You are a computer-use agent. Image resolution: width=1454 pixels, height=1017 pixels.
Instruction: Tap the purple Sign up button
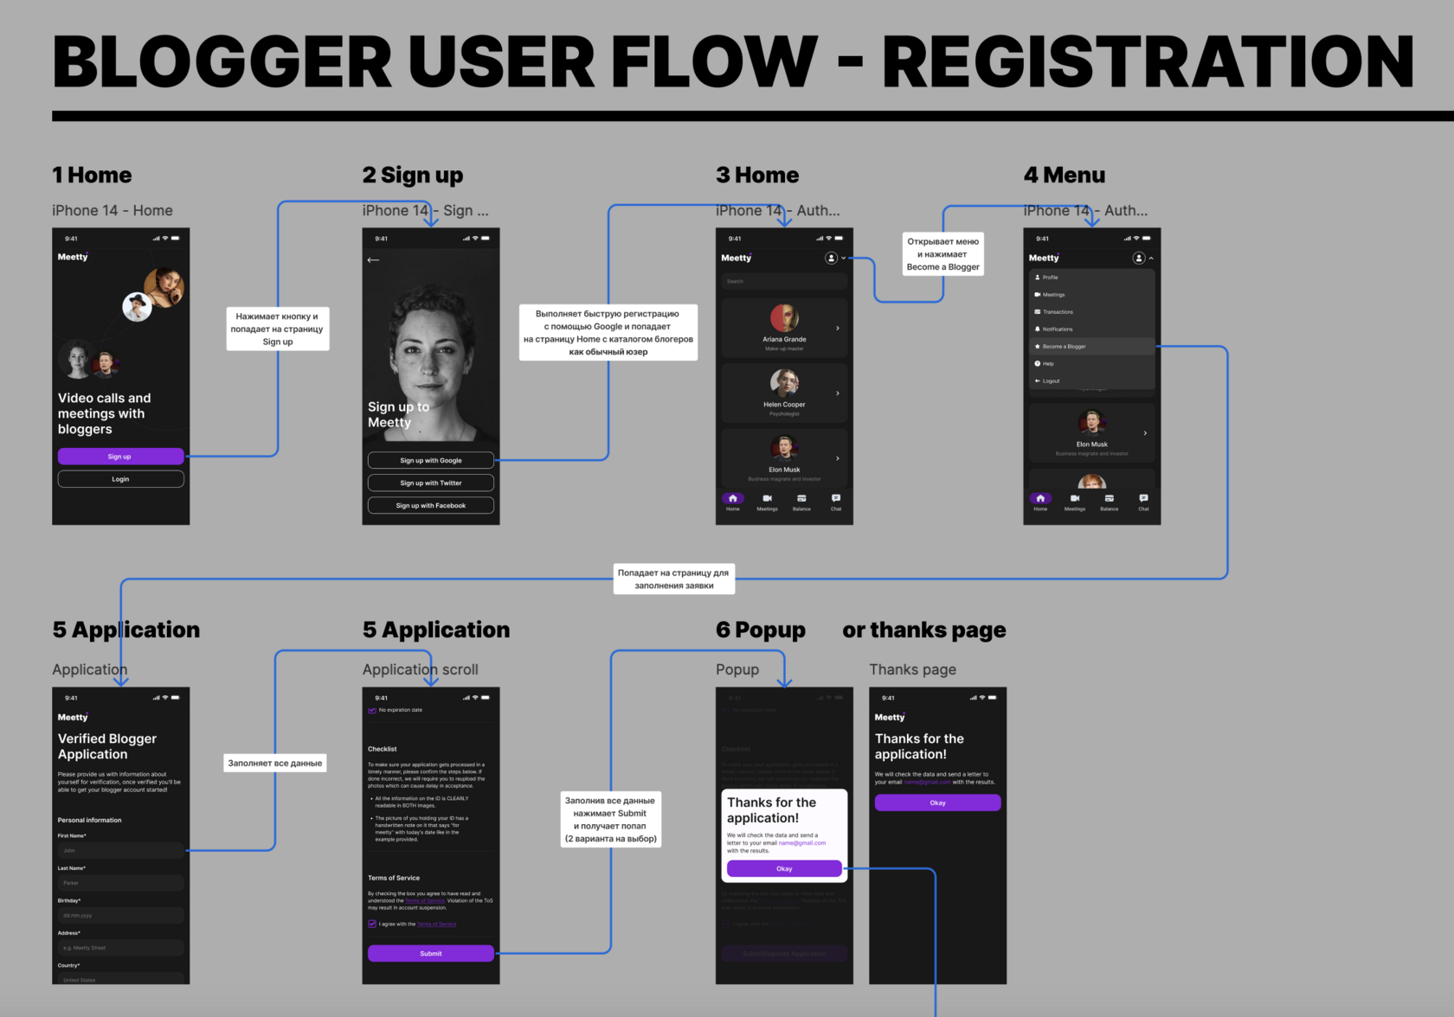[120, 457]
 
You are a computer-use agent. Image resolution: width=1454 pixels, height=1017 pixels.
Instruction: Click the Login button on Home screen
[120, 479]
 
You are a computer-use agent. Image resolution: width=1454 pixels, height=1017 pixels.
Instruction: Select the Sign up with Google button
[430, 460]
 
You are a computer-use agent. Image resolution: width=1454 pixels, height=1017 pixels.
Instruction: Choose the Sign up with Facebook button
[430, 505]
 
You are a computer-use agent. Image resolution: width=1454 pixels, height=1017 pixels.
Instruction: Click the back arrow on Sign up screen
[374, 259]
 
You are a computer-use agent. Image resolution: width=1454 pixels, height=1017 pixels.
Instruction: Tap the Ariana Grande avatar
[784, 317]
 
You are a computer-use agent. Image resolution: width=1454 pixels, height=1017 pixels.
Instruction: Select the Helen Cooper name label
[784, 405]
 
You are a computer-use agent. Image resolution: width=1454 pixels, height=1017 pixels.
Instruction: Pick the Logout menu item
[1051, 381]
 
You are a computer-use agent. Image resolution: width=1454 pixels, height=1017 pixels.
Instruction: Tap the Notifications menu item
[1057, 329]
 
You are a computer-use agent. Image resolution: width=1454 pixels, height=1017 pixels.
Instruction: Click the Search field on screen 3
[784, 281]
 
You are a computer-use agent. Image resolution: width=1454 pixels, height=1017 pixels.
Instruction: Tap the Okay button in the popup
[784, 868]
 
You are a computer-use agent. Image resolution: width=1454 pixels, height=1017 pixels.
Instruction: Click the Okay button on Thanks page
[937, 803]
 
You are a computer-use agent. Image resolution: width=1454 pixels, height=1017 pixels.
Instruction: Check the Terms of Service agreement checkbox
[372, 924]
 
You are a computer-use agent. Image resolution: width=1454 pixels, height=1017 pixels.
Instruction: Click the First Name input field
[120, 850]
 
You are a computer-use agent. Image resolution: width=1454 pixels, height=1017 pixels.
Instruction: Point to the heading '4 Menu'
[1064, 176]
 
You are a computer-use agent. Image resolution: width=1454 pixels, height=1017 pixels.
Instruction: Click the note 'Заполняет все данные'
[275, 763]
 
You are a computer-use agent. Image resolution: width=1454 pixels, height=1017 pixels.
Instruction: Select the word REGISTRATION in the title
[1148, 61]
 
